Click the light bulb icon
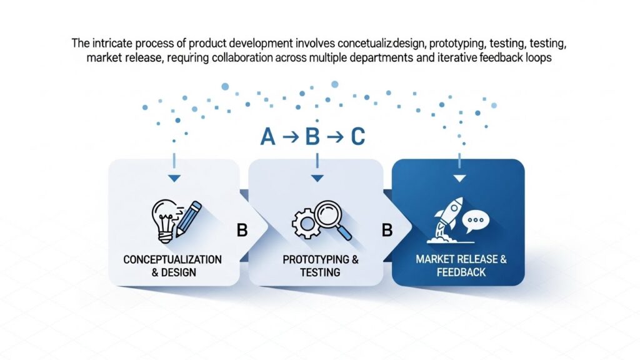[x=164, y=221]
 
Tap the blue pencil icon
[x=188, y=219]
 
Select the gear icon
[x=304, y=223]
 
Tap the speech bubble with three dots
[x=476, y=221]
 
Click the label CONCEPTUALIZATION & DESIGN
[x=172, y=266]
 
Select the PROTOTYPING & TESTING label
[x=321, y=266]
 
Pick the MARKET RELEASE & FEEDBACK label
[x=461, y=266]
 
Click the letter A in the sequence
[x=267, y=137]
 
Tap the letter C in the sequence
[x=357, y=137]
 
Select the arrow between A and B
[x=291, y=137]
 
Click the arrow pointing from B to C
[x=335, y=137]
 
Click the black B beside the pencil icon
[x=242, y=231]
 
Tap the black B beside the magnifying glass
[x=387, y=231]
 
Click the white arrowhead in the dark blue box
[x=459, y=178]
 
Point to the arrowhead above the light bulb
[x=174, y=178]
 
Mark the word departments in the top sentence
[x=381, y=57]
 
